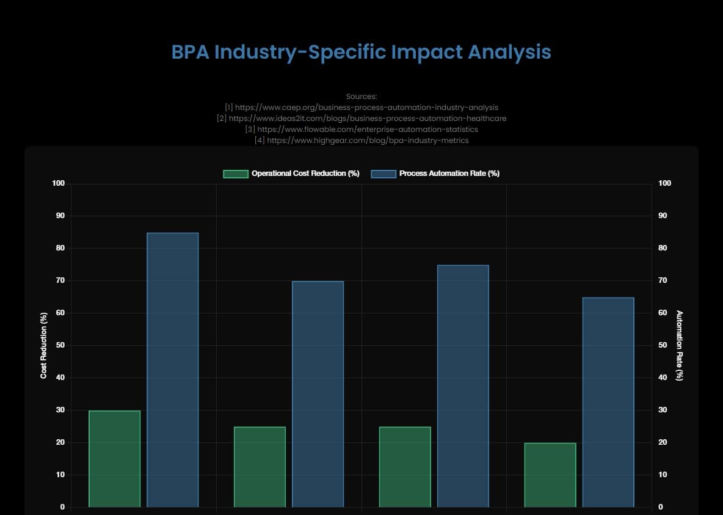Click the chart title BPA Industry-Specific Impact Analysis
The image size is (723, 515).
[361, 52]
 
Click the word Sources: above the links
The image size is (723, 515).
[361, 96]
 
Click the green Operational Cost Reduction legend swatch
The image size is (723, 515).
[235, 173]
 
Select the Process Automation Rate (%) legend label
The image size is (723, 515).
[449, 173]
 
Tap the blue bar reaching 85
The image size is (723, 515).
[173, 370]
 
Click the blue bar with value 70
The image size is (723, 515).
[318, 394]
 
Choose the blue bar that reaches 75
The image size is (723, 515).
[463, 386]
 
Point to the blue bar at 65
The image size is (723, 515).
[608, 402]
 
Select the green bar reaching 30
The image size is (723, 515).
[114, 459]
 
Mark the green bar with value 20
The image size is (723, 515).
[550, 475]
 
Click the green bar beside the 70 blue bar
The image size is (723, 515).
[260, 467]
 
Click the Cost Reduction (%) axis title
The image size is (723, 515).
[44, 345]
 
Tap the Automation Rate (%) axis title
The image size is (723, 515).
[679, 345]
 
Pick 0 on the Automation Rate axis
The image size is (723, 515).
[661, 507]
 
